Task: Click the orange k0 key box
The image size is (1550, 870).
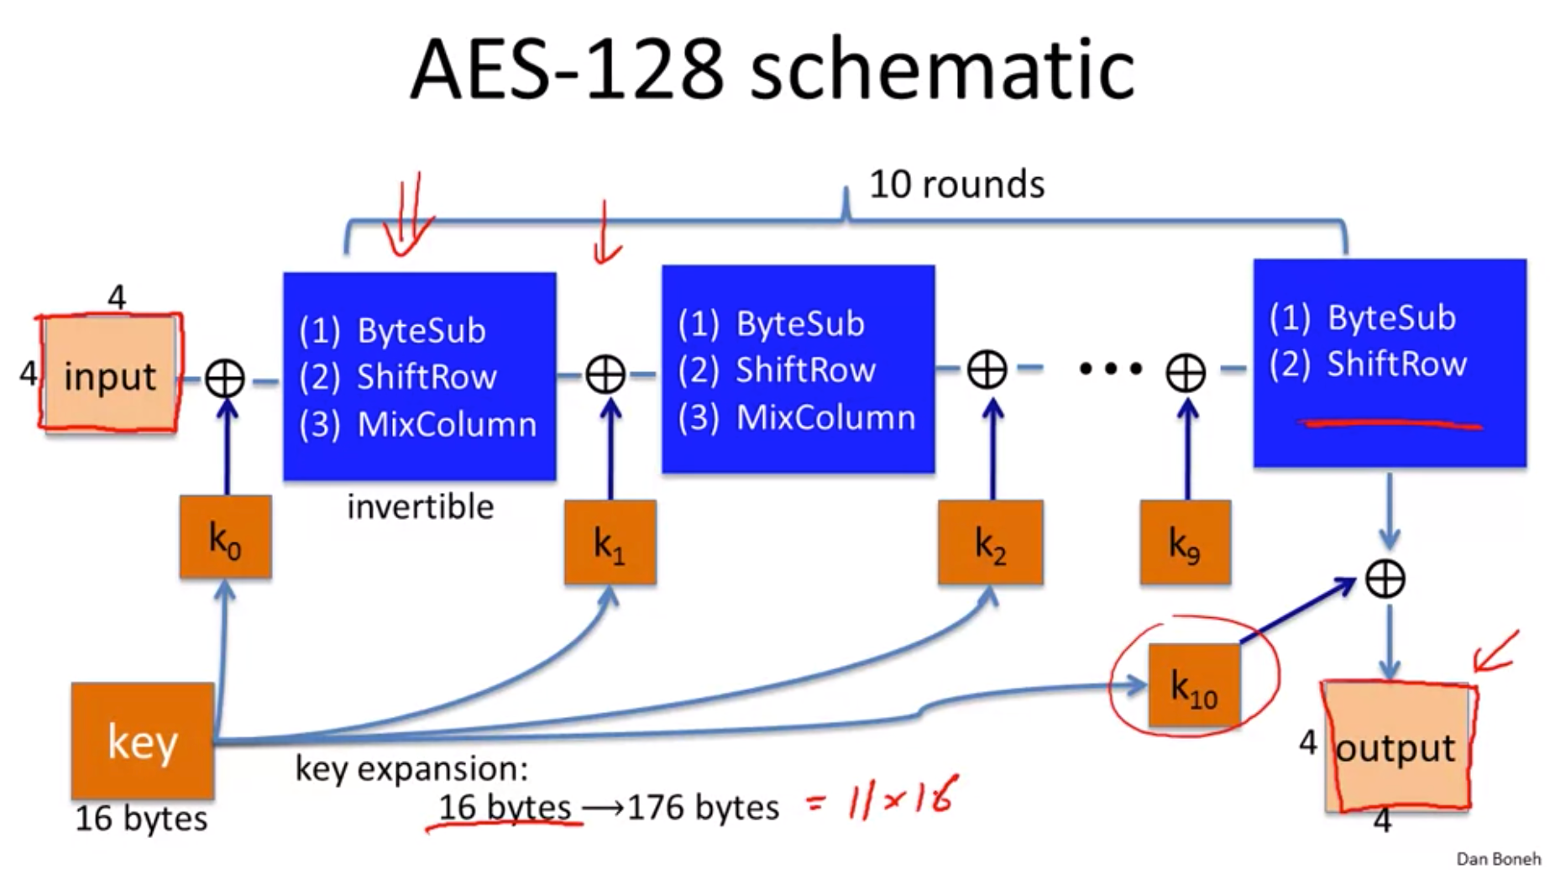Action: click(x=225, y=537)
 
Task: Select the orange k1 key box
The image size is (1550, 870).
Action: click(x=610, y=543)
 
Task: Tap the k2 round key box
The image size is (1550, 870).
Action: click(x=990, y=543)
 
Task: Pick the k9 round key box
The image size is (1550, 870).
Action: click(x=1185, y=543)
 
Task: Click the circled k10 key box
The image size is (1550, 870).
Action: click(x=1193, y=685)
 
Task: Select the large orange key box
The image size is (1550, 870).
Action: click(x=143, y=741)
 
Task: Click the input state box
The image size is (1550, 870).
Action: click(x=110, y=375)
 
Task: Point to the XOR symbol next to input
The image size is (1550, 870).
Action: click(x=225, y=379)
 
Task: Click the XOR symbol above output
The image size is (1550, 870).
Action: click(x=1385, y=579)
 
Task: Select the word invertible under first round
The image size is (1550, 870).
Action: click(x=420, y=507)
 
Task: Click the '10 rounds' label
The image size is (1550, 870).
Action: click(x=956, y=184)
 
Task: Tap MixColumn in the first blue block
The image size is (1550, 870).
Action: click(x=447, y=425)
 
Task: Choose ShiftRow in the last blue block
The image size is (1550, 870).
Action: click(x=1396, y=364)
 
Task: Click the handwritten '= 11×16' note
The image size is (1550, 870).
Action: click(x=882, y=798)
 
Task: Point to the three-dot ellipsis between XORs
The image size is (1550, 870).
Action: click(x=1110, y=369)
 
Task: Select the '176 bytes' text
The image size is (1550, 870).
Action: click(x=703, y=808)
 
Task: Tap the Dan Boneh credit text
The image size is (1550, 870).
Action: click(x=1498, y=858)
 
